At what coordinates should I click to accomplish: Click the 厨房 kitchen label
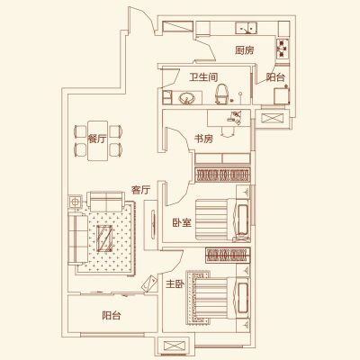tap(245, 50)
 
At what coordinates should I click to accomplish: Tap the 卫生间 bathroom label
tap(203, 77)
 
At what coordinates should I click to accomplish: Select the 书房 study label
tap(203, 139)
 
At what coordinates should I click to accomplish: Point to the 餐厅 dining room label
tap(97, 139)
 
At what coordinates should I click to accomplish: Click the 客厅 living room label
tap(140, 190)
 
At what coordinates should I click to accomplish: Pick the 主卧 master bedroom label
tap(175, 283)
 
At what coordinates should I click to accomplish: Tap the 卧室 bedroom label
tap(182, 222)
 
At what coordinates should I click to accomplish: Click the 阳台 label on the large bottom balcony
tap(112, 315)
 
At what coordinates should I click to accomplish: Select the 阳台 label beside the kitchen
tap(275, 77)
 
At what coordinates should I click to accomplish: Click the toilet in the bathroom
tap(221, 94)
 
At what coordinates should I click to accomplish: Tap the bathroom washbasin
tap(186, 98)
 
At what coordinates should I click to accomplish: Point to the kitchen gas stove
tap(283, 48)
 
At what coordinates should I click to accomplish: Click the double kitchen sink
tap(247, 28)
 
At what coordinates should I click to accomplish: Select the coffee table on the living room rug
tap(104, 238)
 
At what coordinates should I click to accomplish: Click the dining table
tap(98, 140)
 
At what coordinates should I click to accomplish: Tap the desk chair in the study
tap(227, 132)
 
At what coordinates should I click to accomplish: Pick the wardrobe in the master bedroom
tap(228, 255)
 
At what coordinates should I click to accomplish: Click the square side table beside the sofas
tap(75, 202)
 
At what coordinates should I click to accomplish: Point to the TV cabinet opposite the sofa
tap(151, 225)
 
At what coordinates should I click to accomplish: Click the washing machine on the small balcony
tap(282, 95)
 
